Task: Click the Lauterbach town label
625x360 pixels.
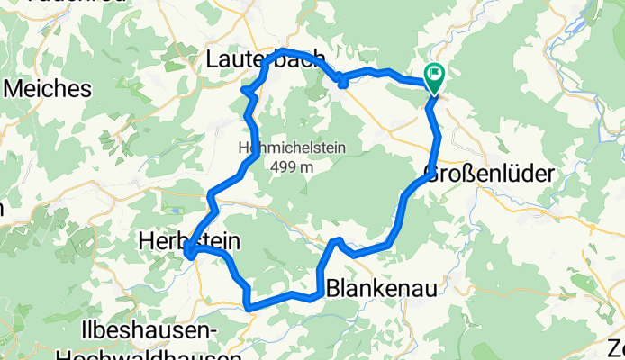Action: point(261,61)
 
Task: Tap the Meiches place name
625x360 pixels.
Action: point(48,89)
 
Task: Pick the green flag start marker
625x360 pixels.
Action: point(434,80)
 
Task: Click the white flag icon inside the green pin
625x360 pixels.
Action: point(434,76)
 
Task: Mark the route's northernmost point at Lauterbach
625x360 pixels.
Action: point(284,50)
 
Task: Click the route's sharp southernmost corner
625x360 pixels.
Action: point(248,308)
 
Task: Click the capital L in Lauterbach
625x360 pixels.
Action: point(213,61)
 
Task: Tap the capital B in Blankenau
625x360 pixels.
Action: point(331,289)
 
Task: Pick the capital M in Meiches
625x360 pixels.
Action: point(14,89)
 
